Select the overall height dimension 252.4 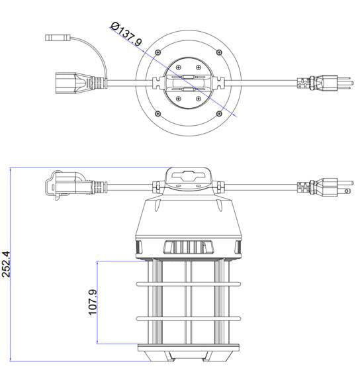point(7,263)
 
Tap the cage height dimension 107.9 point(93,302)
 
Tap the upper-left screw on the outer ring point(157,52)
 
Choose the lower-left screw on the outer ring point(157,113)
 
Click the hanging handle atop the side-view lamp point(188,178)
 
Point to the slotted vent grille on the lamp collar point(188,248)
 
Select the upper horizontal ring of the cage point(188,285)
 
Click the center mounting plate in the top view point(188,83)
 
